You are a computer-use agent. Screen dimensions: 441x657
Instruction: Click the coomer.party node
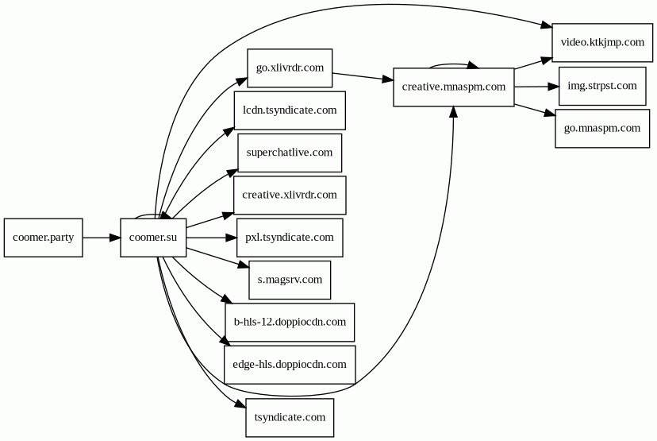tap(44, 238)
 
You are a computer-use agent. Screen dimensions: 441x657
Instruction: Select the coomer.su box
tap(153, 238)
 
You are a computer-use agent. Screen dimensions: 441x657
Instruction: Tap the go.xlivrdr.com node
tap(290, 68)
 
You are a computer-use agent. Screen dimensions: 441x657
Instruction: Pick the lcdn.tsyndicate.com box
tap(290, 110)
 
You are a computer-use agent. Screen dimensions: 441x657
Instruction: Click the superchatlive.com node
tap(290, 153)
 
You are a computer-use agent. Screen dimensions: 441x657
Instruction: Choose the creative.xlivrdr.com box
tap(290, 195)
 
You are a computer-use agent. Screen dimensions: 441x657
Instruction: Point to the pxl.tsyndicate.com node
tap(290, 238)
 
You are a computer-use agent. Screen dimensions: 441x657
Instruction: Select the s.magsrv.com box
tap(290, 280)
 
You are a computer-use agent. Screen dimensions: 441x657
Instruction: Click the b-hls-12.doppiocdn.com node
tap(290, 322)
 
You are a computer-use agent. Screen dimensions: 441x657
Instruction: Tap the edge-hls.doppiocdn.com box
tap(290, 365)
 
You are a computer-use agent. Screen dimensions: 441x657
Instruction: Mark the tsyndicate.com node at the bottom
tap(290, 417)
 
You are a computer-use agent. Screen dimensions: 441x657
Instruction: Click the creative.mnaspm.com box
tap(453, 87)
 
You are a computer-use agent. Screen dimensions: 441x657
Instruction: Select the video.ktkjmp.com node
tap(601, 42)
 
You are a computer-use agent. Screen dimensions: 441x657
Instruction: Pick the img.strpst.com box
tap(601, 86)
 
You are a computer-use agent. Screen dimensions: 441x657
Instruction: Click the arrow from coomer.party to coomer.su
tap(102, 238)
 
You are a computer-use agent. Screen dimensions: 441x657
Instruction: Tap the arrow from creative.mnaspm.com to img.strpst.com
tap(536, 86)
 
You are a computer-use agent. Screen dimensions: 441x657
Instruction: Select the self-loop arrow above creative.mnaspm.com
tap(453, 66)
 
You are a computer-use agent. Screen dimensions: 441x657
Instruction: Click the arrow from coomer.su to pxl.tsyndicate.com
tap(211, 238)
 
